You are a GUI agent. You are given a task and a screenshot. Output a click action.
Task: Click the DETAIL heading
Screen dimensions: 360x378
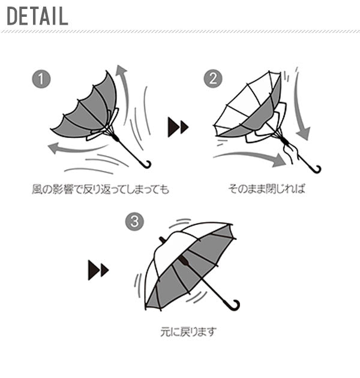[37, 16]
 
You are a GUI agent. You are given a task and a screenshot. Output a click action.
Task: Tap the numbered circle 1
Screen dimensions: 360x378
[41, 79]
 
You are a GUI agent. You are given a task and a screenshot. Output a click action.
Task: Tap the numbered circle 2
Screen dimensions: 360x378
[213, 79]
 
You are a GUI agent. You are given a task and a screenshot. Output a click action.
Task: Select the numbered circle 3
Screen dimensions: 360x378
[134, 221]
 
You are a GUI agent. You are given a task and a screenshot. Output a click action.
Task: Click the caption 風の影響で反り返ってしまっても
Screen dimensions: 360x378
[100, 189]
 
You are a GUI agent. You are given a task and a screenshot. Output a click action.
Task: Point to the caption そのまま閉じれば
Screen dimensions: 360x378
[266, 188]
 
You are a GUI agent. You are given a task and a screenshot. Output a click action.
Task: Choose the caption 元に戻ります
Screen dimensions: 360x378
[188, 332]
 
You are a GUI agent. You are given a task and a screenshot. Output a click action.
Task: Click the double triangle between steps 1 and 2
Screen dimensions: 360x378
[178, 127]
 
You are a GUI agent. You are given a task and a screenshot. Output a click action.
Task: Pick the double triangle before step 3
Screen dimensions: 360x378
[98, 270]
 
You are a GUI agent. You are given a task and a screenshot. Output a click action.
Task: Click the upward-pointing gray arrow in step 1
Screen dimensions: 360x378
[125, 94]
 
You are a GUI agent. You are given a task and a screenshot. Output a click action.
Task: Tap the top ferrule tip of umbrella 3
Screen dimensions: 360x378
[162, 239]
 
